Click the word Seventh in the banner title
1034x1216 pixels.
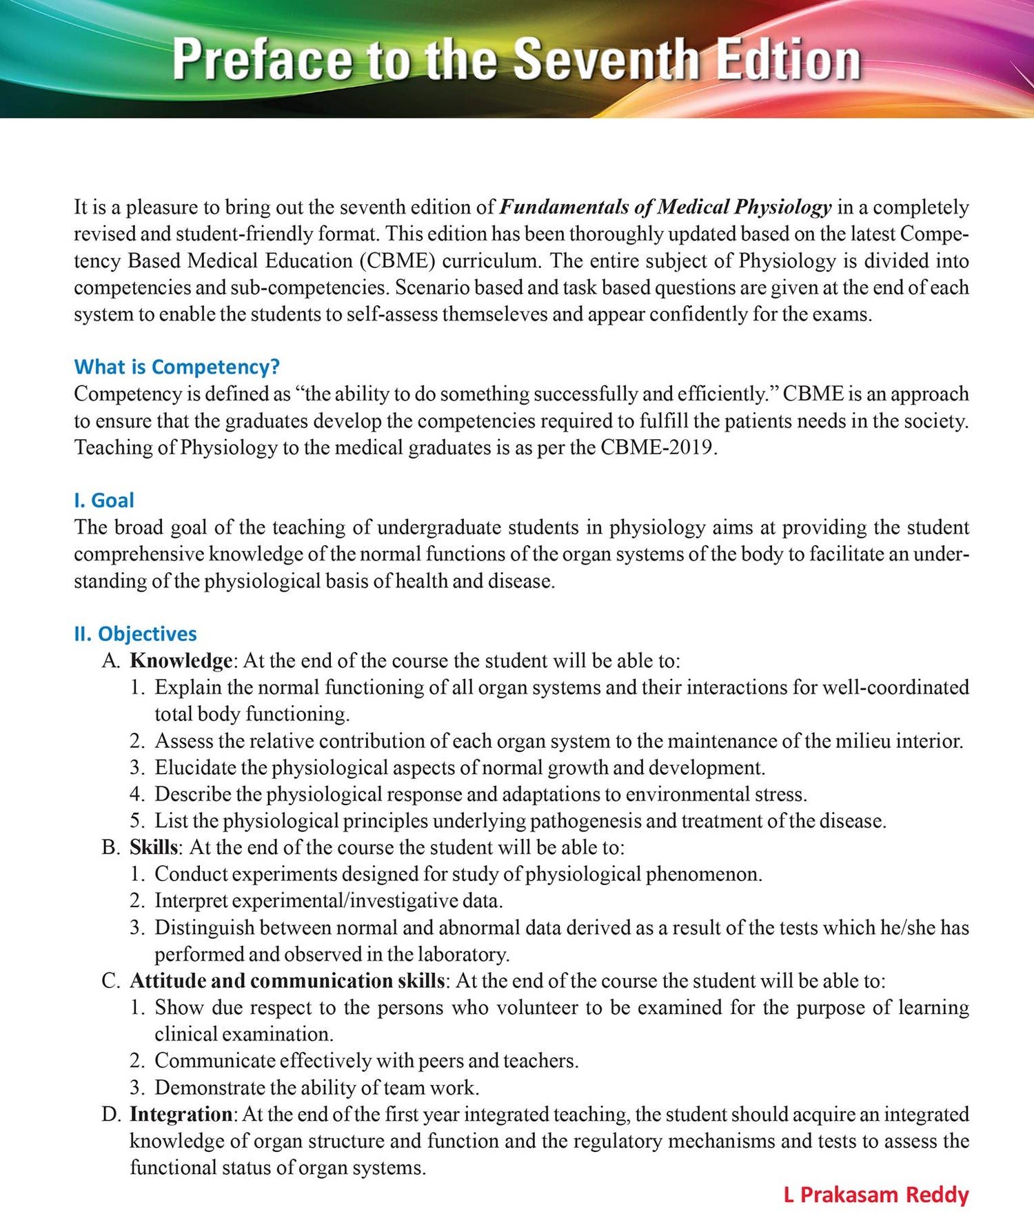point(607,59)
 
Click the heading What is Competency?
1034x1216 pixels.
point(176,367)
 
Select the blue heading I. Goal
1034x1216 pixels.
point(104,500)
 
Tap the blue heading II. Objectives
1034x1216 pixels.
point(135,634)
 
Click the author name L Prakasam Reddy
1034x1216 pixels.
point(876,1194)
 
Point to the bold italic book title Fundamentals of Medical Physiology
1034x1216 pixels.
point(665,207)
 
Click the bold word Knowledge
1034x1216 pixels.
point(181,660)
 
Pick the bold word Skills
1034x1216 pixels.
point(154,847)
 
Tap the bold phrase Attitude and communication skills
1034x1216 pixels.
point(287,981)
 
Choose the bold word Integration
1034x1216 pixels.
point(181,1114)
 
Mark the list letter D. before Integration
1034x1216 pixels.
point(111,1114)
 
